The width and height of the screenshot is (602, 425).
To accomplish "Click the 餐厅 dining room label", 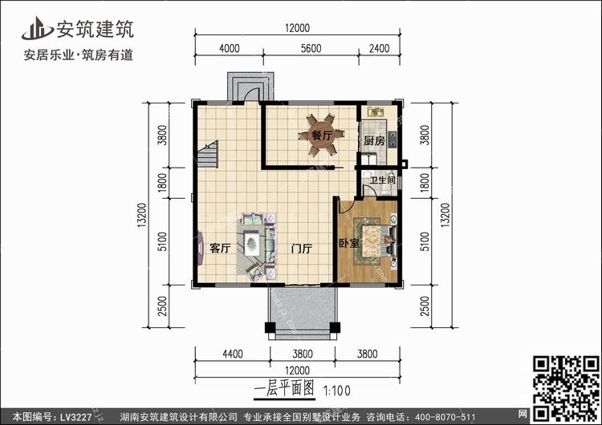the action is [x=322, y=136].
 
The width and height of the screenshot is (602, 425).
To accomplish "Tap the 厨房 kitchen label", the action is [x=374, y=141].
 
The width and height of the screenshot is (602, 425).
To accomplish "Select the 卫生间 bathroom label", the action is [x=382, y=179].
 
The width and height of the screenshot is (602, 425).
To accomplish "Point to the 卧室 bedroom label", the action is [x=349, y=243].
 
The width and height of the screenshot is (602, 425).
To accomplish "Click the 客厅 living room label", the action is [x=220, y=248].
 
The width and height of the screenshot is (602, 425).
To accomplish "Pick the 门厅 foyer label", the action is [x=301, y=249].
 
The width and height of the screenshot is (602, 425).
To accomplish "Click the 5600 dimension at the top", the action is [x=311, y=48].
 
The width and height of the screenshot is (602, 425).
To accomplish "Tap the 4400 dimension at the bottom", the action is [x=233, y=354].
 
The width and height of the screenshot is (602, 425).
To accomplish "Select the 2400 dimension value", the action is [x=380, y=48].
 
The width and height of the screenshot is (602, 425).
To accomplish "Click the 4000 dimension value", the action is [x=230, y=48].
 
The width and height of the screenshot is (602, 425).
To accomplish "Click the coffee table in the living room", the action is [x=251, y=243].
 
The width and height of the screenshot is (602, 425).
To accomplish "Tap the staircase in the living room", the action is [x=208, y=154].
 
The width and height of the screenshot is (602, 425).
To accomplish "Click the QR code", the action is [x=566, y=388].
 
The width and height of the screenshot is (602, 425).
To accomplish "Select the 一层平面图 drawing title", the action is [x=284, y=389].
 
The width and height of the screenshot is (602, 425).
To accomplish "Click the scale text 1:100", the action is [x=336, y=391].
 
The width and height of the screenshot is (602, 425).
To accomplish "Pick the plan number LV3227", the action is [x=75, y=417].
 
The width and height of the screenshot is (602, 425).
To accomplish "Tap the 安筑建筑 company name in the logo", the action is [x=96, y=29].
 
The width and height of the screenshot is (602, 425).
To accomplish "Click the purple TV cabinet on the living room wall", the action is [x=201, y=248].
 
